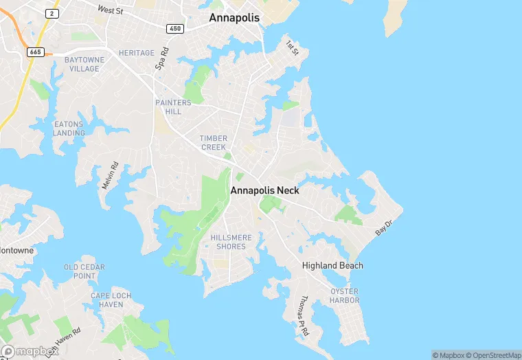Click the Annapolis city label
[234, 18]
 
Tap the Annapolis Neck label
[264, 190]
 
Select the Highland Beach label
[332, 265]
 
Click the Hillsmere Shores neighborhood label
[231, 242]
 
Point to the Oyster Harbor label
[344, 295]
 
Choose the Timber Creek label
[213, 143]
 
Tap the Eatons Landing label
[69, 128]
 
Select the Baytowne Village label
[84, 65]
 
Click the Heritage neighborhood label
[136, 53]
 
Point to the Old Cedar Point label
[84, 271]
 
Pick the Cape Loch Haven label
[106, 300]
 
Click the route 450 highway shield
[174, 28]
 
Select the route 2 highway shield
[52, 13]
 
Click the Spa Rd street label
[162, 59]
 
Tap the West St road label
[109, 10]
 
